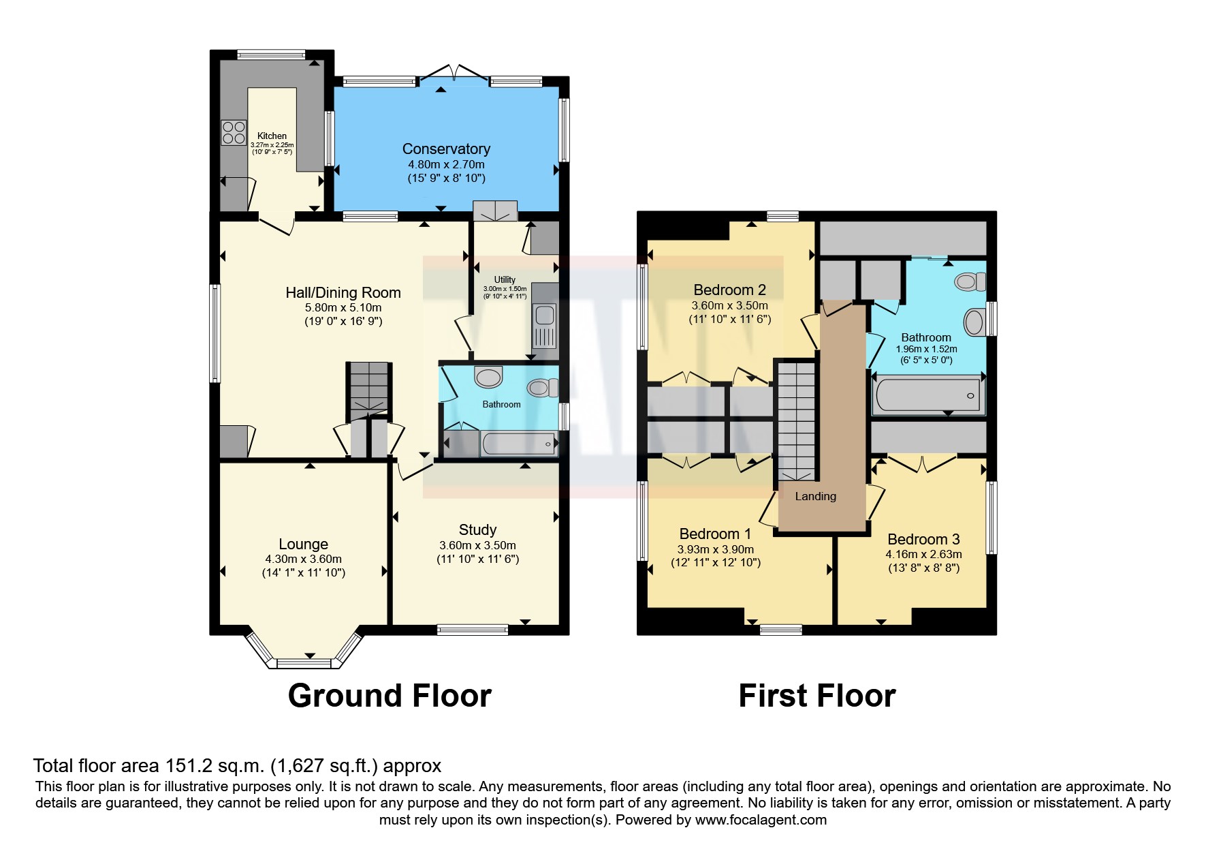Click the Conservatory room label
(x=446, y=149)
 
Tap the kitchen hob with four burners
(x=233, y=132)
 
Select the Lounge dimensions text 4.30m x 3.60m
(x=303, y=559)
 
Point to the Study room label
(x=477, y=529)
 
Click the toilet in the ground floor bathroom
(x=542, y=388)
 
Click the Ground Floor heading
(x=390, y=696)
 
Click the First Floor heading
(x=816, y=696)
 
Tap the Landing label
(x=815, y=496)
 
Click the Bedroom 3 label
(x=923, y=539)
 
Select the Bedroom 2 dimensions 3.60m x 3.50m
(x=729, y=305)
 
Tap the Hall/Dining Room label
(x=343, y=292)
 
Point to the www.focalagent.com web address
(x=761, y=820)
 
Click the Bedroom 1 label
(x=715, y=534)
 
